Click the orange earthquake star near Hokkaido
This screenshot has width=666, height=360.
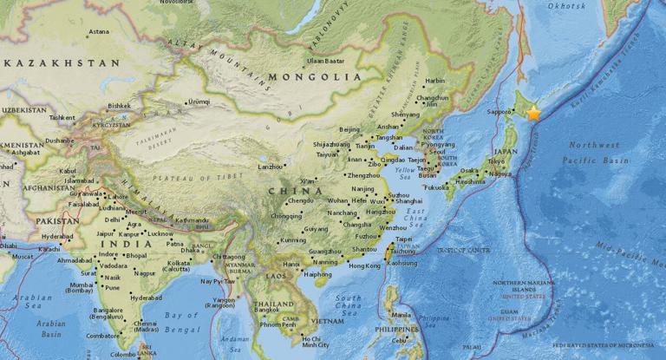533,113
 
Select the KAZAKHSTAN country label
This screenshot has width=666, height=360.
62,63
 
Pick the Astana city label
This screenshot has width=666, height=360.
98,32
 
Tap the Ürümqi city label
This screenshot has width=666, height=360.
199,101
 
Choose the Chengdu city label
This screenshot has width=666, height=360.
300,200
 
